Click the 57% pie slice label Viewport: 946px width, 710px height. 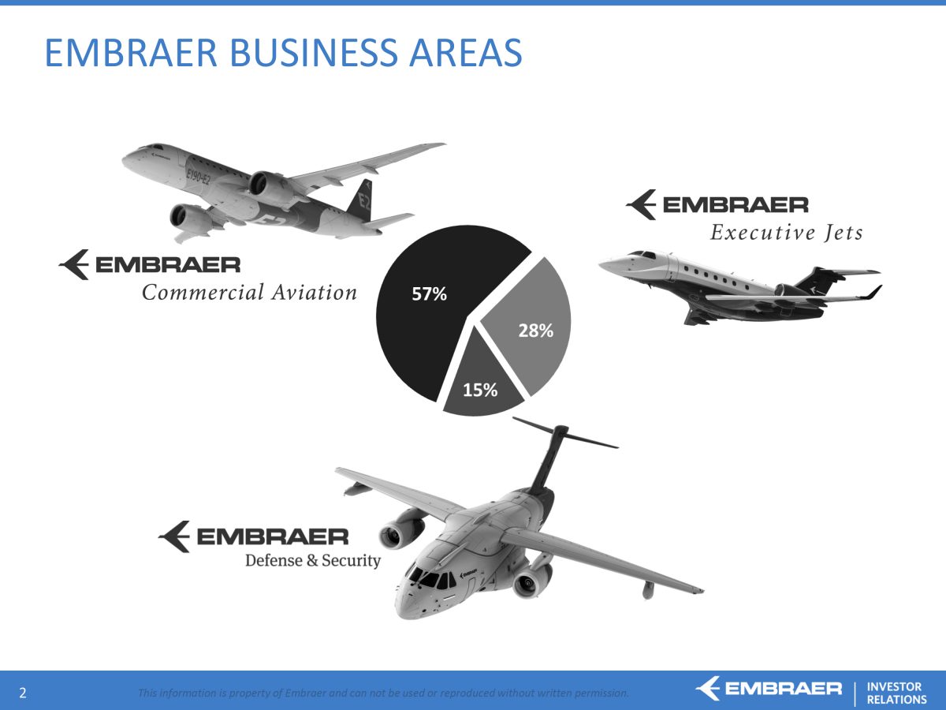pos(430,294)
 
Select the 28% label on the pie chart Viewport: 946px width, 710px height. pos(536,331)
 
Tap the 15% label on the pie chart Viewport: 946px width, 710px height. pos(480,390)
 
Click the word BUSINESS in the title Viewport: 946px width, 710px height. pos(313,53)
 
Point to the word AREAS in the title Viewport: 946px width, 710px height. pos(465,53)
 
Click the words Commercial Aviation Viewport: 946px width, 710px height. pos(250,292)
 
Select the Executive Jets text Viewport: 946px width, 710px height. pos(787,233)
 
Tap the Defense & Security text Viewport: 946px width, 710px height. pos(313,560)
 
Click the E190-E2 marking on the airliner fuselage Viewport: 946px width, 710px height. pos(198,176)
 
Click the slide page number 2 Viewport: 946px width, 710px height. pos(23,693)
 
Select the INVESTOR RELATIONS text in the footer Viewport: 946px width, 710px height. pos(896,693)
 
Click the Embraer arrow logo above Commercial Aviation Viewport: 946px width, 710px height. pos(73,264)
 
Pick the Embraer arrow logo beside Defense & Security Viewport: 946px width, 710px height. pos(174,536)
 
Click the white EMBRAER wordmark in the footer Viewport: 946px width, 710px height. pos(783,689)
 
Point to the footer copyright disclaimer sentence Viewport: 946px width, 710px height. pos(383,693)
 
